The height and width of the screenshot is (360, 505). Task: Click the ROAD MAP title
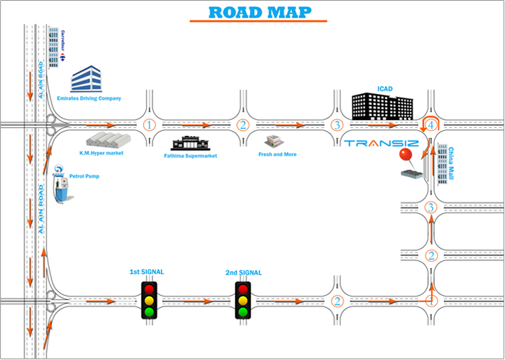point(260,12)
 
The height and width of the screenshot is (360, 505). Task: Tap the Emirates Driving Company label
point(95,98)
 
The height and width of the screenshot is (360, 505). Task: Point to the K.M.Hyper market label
point(102,153)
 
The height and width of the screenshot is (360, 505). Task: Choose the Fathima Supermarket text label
point(191,155)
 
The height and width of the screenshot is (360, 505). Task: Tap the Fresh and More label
point(277,154)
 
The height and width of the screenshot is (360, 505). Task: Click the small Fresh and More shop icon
point(272,140)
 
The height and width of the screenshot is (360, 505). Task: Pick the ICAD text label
point(384,90)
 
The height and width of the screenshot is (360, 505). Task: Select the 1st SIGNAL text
point(147,272)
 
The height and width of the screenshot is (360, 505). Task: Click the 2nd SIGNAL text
point(243,272)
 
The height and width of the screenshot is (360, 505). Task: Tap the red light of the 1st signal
point(150,288)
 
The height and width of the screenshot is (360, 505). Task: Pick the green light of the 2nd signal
point(243,313)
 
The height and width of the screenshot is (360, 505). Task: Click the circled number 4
point(431,125)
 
